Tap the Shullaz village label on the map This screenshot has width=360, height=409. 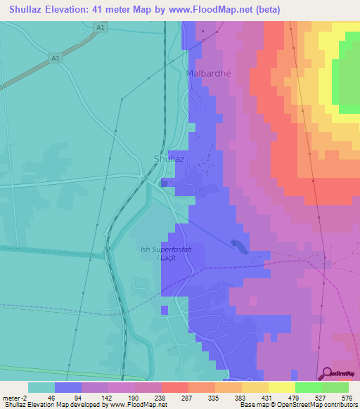pos(169,159)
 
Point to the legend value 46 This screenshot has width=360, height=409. pos(41,398)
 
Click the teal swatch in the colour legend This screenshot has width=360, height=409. pos(41,387)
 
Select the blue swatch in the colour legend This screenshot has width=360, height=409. pos(68,387)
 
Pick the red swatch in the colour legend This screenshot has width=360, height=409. pos(174,387)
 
